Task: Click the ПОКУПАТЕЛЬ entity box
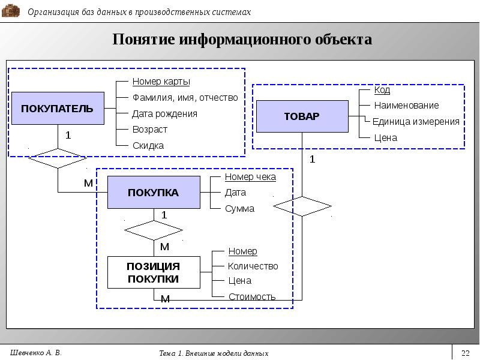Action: (58, 109)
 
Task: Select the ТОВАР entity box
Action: (302, 116)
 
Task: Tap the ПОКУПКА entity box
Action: (154, 192)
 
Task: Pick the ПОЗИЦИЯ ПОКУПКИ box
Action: (154, 272)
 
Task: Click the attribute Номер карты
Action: (161, 82)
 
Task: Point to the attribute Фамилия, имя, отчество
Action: (185, 98)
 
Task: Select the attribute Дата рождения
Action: (164, 114)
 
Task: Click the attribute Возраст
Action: (149, 130)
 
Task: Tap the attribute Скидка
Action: (148, 145)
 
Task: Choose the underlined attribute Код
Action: (382, 90)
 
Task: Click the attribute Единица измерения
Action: (416, 122)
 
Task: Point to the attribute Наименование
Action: (406, 106)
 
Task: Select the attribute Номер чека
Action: (250, 177)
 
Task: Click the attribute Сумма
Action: (239, 209)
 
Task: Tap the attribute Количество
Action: (253, 266)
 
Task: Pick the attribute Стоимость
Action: (252, 296)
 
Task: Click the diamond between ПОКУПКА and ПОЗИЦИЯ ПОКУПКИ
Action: (154, 230)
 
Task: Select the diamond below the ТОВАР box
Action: (302, 206)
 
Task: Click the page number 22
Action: (466, 353)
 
